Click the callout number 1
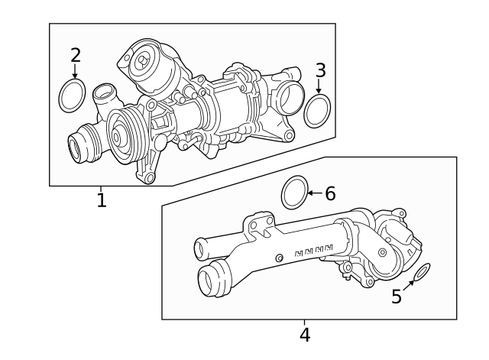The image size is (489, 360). pos(101,200)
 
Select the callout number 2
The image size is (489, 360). pos(75,54)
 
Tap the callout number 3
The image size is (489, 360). pos(320,70)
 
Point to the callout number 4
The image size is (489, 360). pos(304,335)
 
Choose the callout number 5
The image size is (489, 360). pos(396,297)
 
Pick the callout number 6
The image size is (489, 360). pos(330,193)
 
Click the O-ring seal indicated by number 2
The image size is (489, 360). pos(73,96)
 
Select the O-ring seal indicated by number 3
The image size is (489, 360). pos(317,111)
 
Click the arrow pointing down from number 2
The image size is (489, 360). pos(75,72)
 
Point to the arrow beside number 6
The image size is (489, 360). pos(315,193)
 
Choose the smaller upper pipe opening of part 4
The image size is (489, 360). pos(200,248)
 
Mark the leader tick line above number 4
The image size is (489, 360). pos(304,323)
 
